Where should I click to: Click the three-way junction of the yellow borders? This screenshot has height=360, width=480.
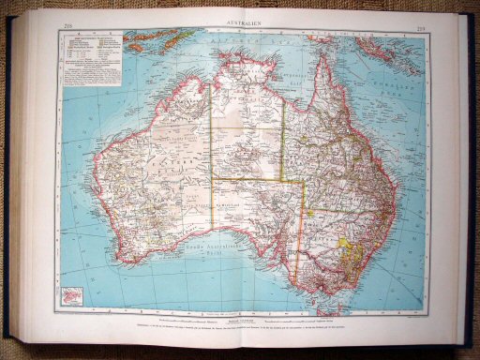283,178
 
